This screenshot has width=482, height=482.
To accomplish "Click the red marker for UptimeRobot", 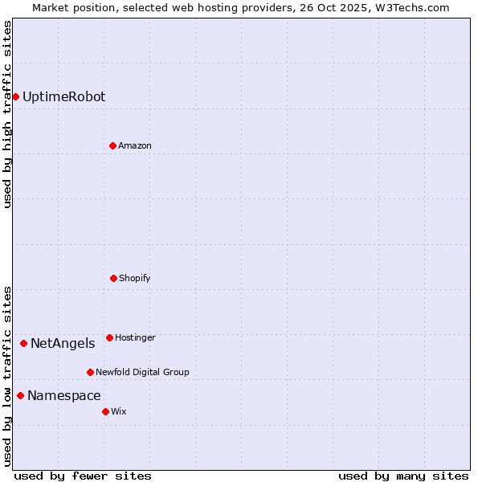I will point(15,97).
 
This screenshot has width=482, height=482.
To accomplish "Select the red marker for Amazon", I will point(112,145).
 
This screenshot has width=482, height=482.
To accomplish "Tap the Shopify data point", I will point(113,278).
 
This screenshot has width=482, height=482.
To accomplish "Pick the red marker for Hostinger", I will point(109,337).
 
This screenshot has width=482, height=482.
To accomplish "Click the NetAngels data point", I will point(23,344).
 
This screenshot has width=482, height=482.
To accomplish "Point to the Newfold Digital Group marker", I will point(90,372).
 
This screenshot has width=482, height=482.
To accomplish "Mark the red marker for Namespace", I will point(20,395).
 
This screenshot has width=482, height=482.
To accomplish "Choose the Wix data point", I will point(105,411).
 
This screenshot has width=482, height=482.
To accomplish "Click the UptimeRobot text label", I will point(63,97).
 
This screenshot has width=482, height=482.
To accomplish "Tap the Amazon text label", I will point(135,145).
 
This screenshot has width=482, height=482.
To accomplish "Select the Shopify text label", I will point(135,278).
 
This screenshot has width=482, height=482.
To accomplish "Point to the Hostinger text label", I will point(135,337).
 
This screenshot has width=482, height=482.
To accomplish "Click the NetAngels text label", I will point(63,344).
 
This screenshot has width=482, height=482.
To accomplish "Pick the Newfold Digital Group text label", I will point(142,372).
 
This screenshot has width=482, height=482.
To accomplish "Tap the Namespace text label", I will point(64,395).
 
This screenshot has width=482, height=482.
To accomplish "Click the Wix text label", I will point(119,411).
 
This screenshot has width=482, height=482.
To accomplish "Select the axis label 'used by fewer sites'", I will point(83,476).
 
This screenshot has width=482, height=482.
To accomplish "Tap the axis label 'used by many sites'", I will point(403,476).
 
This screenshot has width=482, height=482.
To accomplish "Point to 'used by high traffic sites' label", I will point(7,114).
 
